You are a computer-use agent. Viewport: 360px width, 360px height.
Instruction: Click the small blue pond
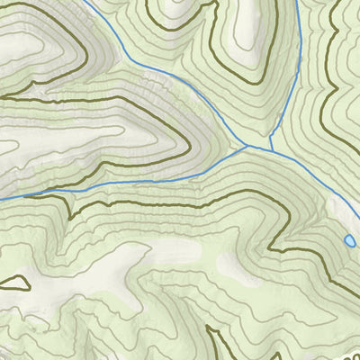(349, 241)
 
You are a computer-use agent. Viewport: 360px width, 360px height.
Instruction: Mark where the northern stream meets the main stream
(271, 147)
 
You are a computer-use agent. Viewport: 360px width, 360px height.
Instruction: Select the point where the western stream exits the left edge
(2, 197)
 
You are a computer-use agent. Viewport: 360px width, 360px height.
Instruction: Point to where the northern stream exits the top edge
(300, 2)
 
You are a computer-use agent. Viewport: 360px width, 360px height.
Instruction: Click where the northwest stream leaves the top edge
(87, 2)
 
